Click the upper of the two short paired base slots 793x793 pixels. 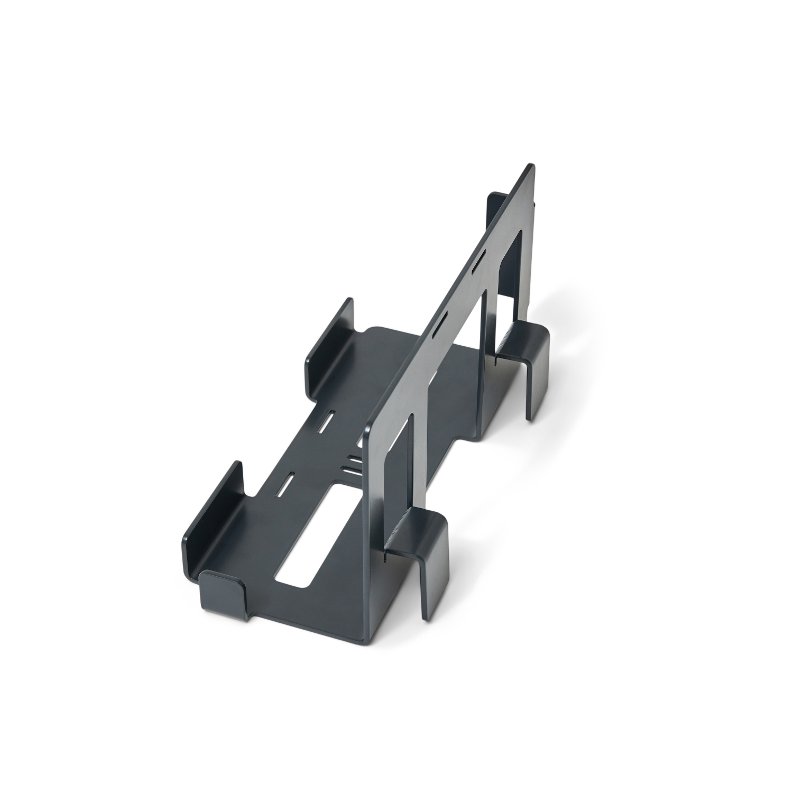tap(355, 459)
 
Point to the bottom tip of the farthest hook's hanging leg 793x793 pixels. tap(530, 418)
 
